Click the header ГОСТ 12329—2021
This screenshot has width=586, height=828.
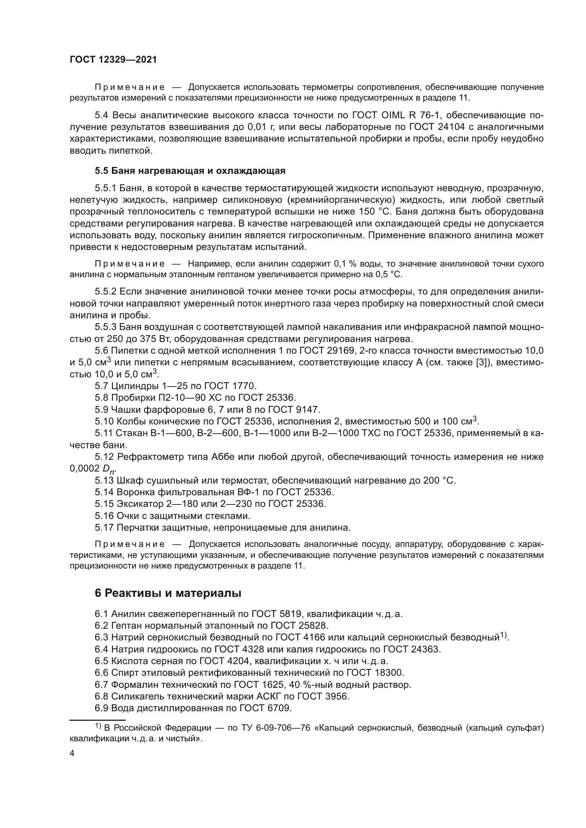pyautogui.click(x=113, y=60)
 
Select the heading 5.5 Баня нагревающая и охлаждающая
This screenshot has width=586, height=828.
pyautogui.click(x=190, y=171)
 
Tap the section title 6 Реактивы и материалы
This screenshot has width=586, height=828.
pyautogui.click(x=168, y=593)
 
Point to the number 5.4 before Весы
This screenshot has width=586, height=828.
pyautogui.click(x=101, y=115)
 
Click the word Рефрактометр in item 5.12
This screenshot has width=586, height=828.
pyautogui.click(x=149, y=457)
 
